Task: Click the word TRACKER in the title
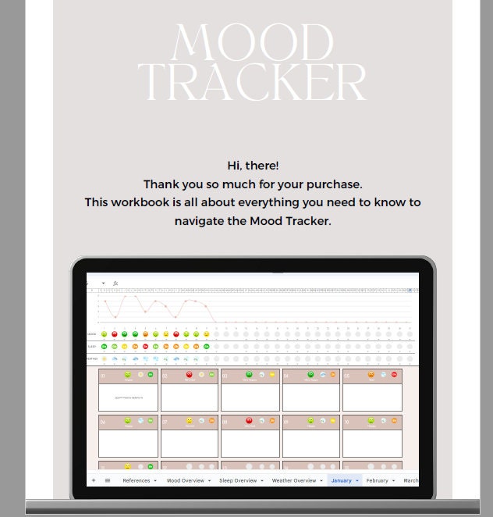click(x=252, y=81)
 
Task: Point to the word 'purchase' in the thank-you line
click(x=335, y=184)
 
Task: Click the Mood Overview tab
click(x=184, y=480)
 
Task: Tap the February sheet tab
click(x=378, y=480)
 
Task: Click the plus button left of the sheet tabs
click(x=93, y=480)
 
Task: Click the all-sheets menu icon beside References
click(x=107, y=480)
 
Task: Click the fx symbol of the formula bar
click(x=115, y=283)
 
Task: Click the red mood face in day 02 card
click(x=189, y=375)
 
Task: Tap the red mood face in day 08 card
click(x=250, y=421)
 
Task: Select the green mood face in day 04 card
click(x=310, y=375)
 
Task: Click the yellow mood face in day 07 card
click(x=189, y=421)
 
